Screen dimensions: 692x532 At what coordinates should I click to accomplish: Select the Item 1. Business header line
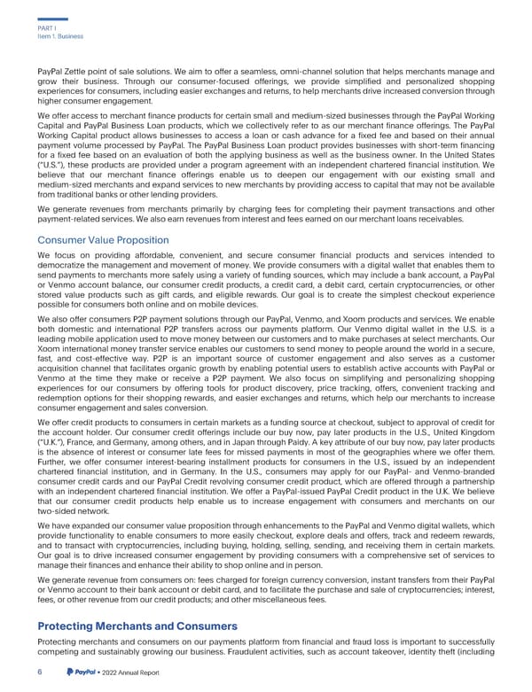pyautogui.click(x=59, y=36)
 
